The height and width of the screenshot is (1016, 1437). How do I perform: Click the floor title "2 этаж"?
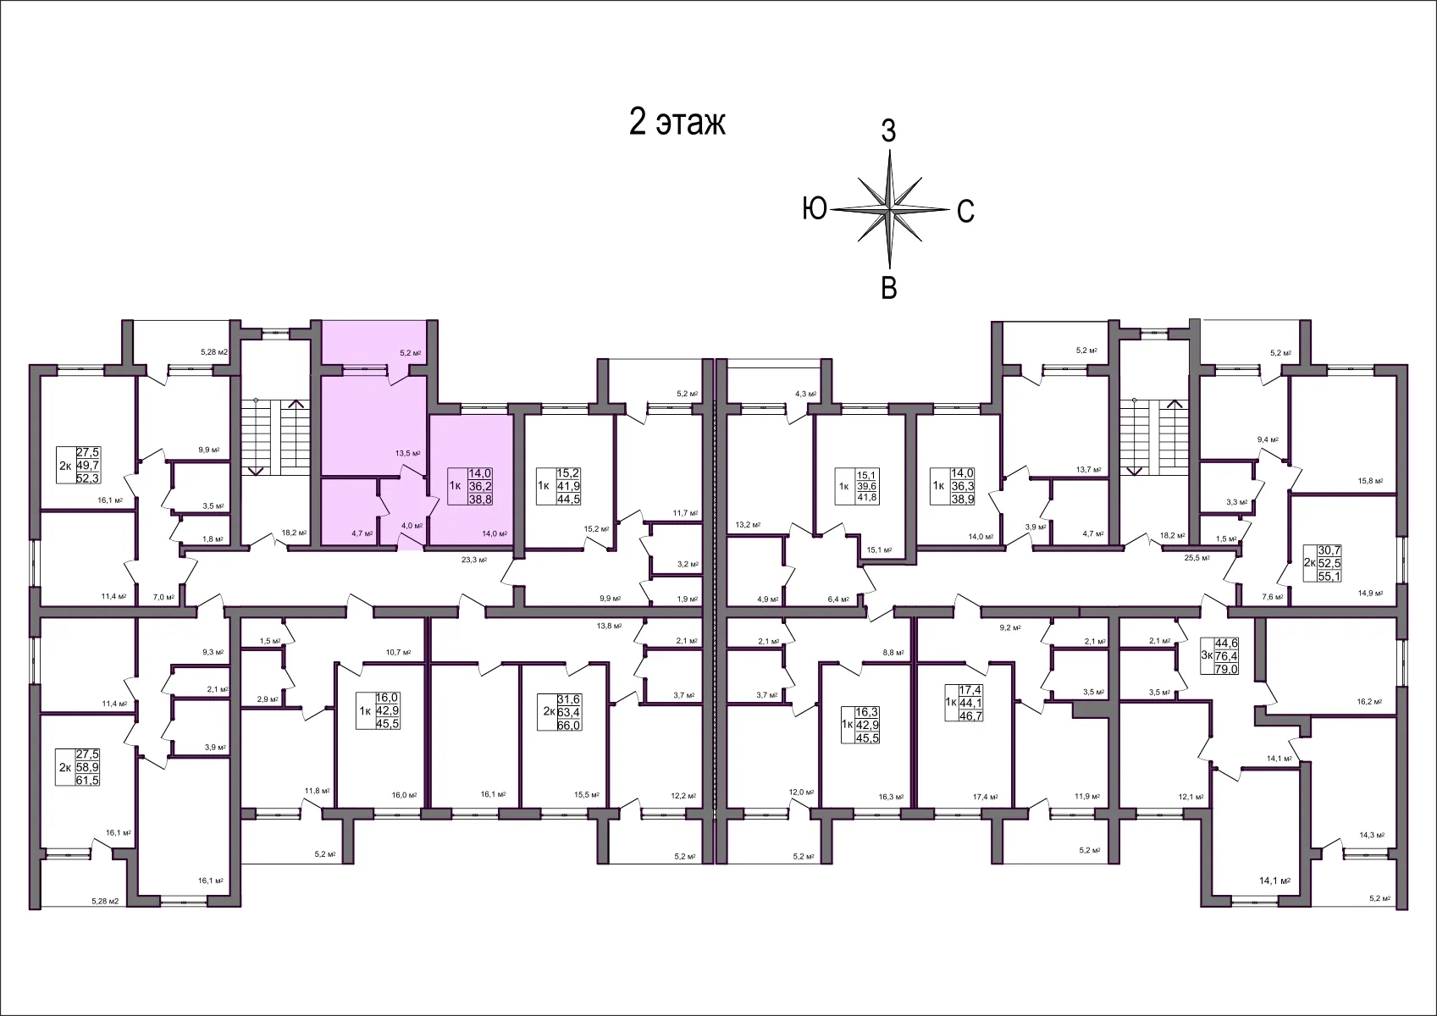point(677,123)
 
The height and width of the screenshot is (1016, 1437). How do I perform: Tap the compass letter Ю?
point(814,208)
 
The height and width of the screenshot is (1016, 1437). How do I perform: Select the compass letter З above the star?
point(888,132)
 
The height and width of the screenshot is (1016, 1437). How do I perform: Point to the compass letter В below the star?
point(889,288)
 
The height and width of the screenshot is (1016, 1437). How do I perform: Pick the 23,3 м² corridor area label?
point(474,560)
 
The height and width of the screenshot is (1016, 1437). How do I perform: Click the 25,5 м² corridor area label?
point(1197,558)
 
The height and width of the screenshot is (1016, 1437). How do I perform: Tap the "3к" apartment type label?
point(1207,656)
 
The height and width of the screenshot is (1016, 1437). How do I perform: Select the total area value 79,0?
point(1226,669)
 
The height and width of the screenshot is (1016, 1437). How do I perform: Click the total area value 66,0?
point(568,726)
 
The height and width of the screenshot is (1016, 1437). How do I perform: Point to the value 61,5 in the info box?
point(87,780)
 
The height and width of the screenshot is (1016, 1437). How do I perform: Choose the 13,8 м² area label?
point(609,626)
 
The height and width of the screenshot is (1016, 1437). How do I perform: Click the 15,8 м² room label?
point(1369,481)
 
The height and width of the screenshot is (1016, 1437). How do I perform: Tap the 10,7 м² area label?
point(398,652)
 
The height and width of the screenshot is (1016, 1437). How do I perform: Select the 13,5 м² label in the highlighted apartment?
point(407,453)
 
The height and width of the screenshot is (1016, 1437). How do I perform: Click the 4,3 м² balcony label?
point(805,394)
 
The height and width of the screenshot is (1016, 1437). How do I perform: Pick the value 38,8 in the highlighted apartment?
point(480,500)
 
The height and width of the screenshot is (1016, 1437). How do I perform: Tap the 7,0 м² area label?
point(163,597)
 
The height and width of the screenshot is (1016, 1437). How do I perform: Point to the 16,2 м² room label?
point(1368,701)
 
